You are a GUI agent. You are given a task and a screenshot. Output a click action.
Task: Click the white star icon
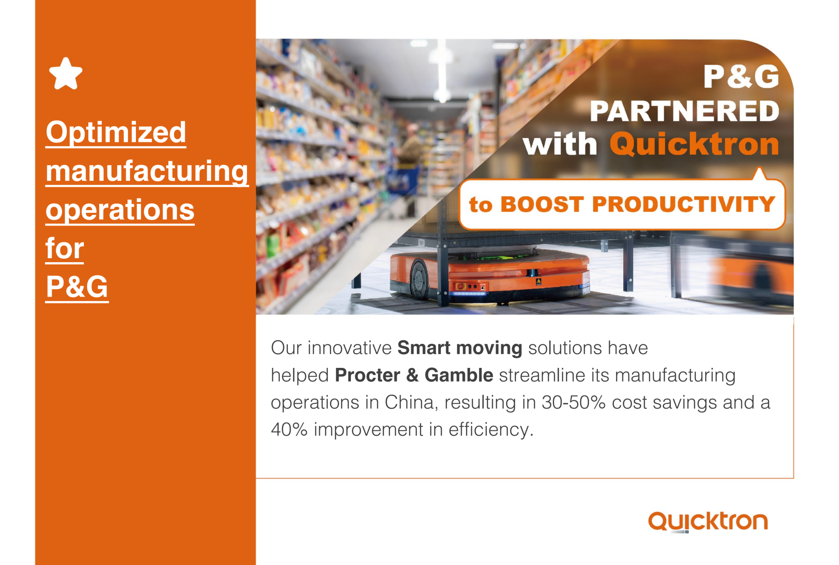(x=66, y=74)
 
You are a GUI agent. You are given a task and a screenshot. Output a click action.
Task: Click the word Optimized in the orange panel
(x=116, y=132)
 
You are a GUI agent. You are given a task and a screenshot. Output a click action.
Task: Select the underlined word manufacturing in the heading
(x=147, y=171)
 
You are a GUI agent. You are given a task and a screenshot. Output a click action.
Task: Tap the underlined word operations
(x=120, y=210)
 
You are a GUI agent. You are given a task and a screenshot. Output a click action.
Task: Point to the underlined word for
(x=65, y=248)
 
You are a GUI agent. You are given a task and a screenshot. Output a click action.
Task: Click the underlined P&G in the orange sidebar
(x=77, y=287)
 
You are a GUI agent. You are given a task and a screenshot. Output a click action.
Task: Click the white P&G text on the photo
(x=741, y=77)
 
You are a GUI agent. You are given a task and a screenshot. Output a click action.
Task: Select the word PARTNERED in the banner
(x=684, y=111)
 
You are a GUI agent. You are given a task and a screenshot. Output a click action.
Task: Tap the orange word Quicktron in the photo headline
(x=694, y=144)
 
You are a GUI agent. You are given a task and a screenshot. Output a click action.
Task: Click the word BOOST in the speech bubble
(x=542, y=205)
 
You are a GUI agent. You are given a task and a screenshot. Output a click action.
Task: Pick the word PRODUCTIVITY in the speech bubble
(x=683, y=204)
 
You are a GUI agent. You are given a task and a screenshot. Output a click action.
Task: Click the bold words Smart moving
(x=460, y=348)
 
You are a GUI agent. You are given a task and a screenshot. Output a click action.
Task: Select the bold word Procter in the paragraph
(x=367, y=375)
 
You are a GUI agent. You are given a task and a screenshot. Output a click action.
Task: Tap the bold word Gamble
(x=459, y=375)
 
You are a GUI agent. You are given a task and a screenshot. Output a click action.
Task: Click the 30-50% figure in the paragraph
(x=573, y=402)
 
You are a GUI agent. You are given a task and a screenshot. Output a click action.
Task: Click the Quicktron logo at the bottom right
(x=708, y=522)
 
